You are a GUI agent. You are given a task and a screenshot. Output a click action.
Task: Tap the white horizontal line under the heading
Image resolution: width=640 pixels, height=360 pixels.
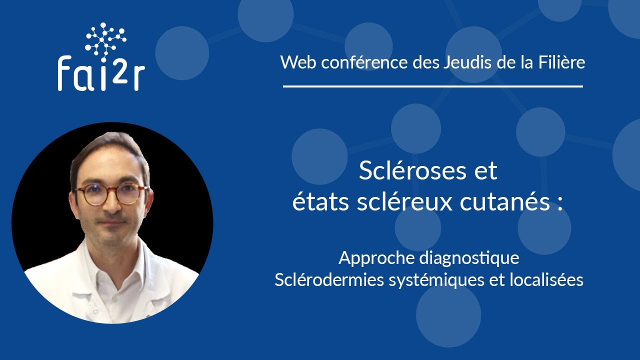coord(432,86)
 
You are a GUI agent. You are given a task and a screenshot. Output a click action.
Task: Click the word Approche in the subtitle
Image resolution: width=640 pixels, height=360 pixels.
coord(376,258)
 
